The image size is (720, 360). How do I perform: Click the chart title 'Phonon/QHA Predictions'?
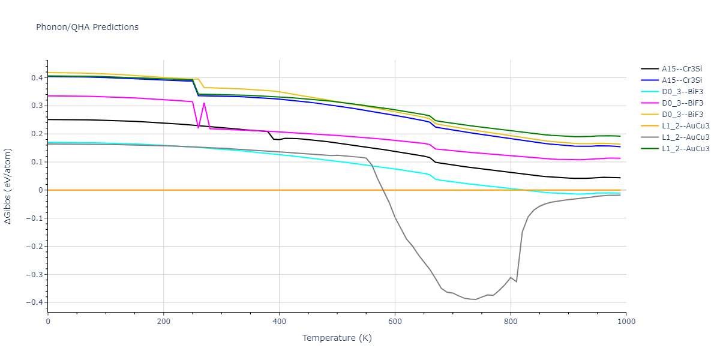[87, 27]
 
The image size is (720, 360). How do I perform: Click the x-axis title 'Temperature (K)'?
[337, 338]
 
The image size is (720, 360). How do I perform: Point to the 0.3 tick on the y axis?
[37, 106]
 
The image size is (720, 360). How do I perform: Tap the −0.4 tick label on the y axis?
[35, 302]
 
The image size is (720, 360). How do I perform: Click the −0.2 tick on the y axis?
[35, 247]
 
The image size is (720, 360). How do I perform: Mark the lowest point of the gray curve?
[476, 299]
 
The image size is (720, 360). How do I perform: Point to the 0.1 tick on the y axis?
[37, 162]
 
